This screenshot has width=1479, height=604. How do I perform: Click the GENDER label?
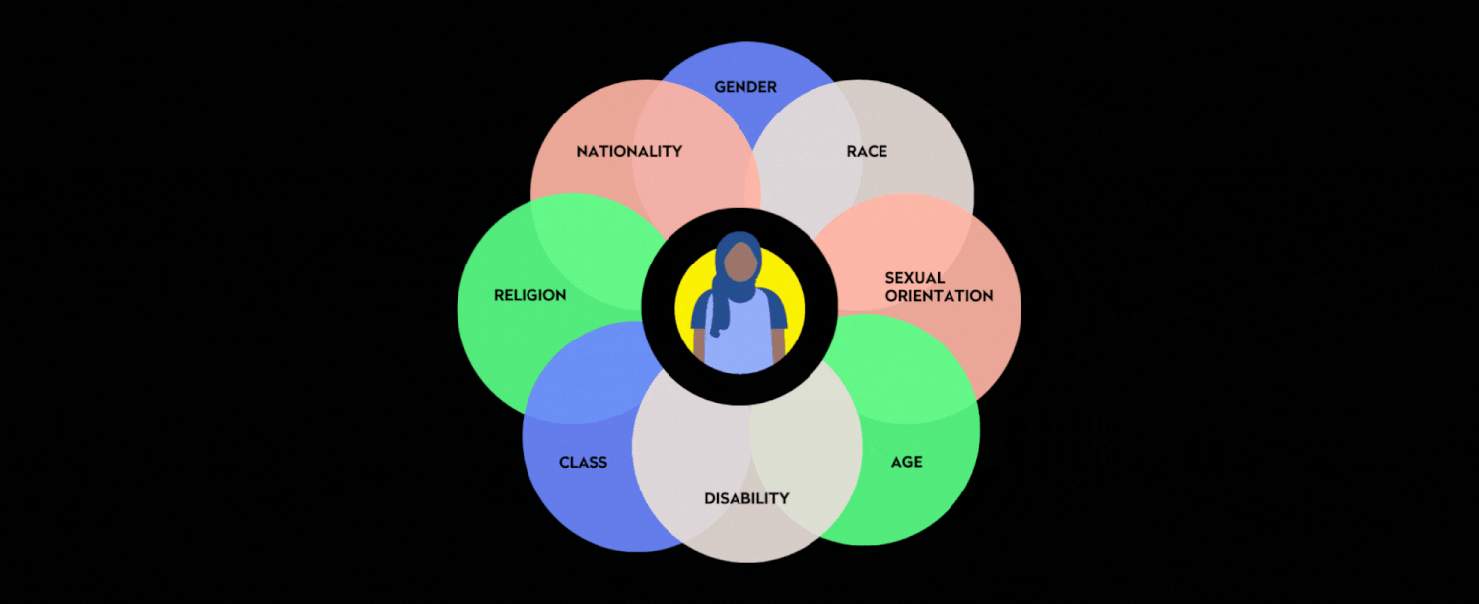coord(745,87)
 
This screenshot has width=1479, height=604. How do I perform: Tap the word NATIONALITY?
coord(629,151)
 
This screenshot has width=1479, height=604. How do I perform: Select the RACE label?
coord(867,151)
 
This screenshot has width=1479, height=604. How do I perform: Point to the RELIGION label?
coord(529,295)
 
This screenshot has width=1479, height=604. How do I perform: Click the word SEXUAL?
coord(915,278)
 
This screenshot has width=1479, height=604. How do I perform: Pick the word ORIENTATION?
coord(939,296)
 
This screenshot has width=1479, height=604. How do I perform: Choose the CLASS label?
coord(583,462)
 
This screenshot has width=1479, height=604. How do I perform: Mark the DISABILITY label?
coord(746,498)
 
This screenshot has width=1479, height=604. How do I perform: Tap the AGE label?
coord(906,462)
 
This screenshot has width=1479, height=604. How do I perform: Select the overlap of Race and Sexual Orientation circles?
coord(922,222)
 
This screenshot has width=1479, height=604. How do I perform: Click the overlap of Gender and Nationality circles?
coord(690,118)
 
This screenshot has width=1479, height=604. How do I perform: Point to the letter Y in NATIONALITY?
coord(676,151)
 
